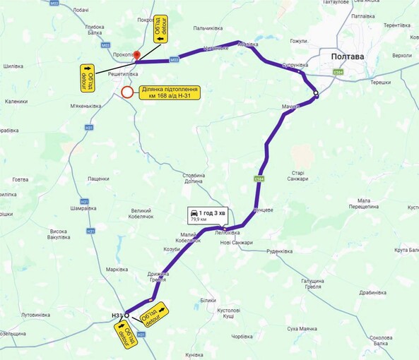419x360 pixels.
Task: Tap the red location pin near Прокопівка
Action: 137,54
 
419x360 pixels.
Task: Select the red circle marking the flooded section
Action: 126,92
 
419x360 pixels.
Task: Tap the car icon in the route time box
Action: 193,212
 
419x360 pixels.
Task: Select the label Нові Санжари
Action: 236,242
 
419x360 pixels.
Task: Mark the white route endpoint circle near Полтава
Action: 317,94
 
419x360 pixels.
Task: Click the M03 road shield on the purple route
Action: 174,60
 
